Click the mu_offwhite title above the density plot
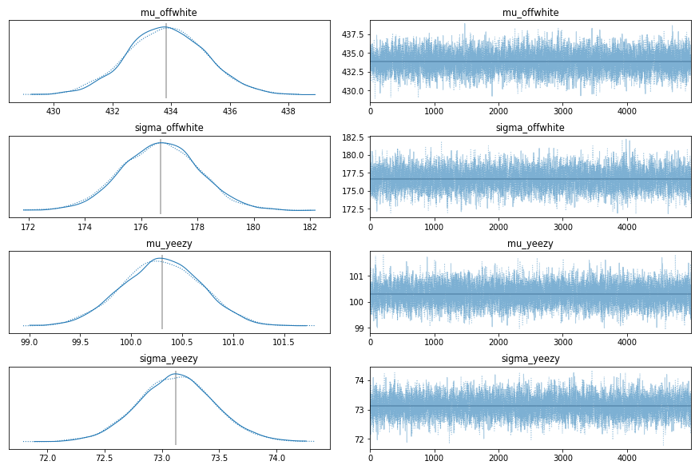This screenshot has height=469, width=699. [169, 13]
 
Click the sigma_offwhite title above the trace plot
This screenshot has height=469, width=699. [530, 128]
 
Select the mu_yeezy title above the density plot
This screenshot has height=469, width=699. [169, 244]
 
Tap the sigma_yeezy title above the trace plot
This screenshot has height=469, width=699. [530, 359]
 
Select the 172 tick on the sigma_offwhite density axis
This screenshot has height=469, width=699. [29, 226]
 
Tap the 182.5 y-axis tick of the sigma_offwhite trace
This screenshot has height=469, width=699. [352, 139]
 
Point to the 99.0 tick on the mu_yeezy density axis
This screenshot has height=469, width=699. [30, 342]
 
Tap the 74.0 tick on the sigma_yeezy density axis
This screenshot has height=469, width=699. [277, 458]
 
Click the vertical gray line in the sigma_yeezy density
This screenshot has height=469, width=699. [176, 407]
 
